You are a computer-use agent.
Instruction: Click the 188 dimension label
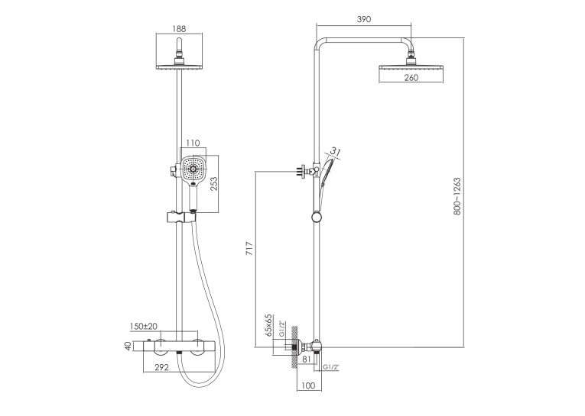pos(179,29)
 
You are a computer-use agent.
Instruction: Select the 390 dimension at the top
pos(364,19)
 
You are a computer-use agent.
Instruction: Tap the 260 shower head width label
pos(411,77)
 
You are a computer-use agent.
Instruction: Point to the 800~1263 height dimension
pos(457,196)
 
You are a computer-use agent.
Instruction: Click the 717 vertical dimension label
pos(249,248)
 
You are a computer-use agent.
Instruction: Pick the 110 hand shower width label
pos(193,143)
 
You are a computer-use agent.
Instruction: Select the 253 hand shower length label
pos(214,184)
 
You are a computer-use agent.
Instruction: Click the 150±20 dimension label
pos(144,326)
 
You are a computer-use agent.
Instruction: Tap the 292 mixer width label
pos(161,367)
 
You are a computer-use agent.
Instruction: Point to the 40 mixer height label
pos(128,346)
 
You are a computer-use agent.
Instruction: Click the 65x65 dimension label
pos(268,325)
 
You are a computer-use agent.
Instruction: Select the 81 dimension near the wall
pos(306,360)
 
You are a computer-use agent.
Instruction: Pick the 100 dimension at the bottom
pos(308,385)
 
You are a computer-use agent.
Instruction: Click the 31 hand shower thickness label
pos(336,152)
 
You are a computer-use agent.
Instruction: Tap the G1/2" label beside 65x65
pos(282,329)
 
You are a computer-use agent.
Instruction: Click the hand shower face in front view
pos(193,169)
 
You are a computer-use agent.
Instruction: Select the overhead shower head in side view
pos(411,68)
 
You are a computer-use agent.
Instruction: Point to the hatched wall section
pos(294,347)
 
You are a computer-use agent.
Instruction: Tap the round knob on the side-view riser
pos(316,218)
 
